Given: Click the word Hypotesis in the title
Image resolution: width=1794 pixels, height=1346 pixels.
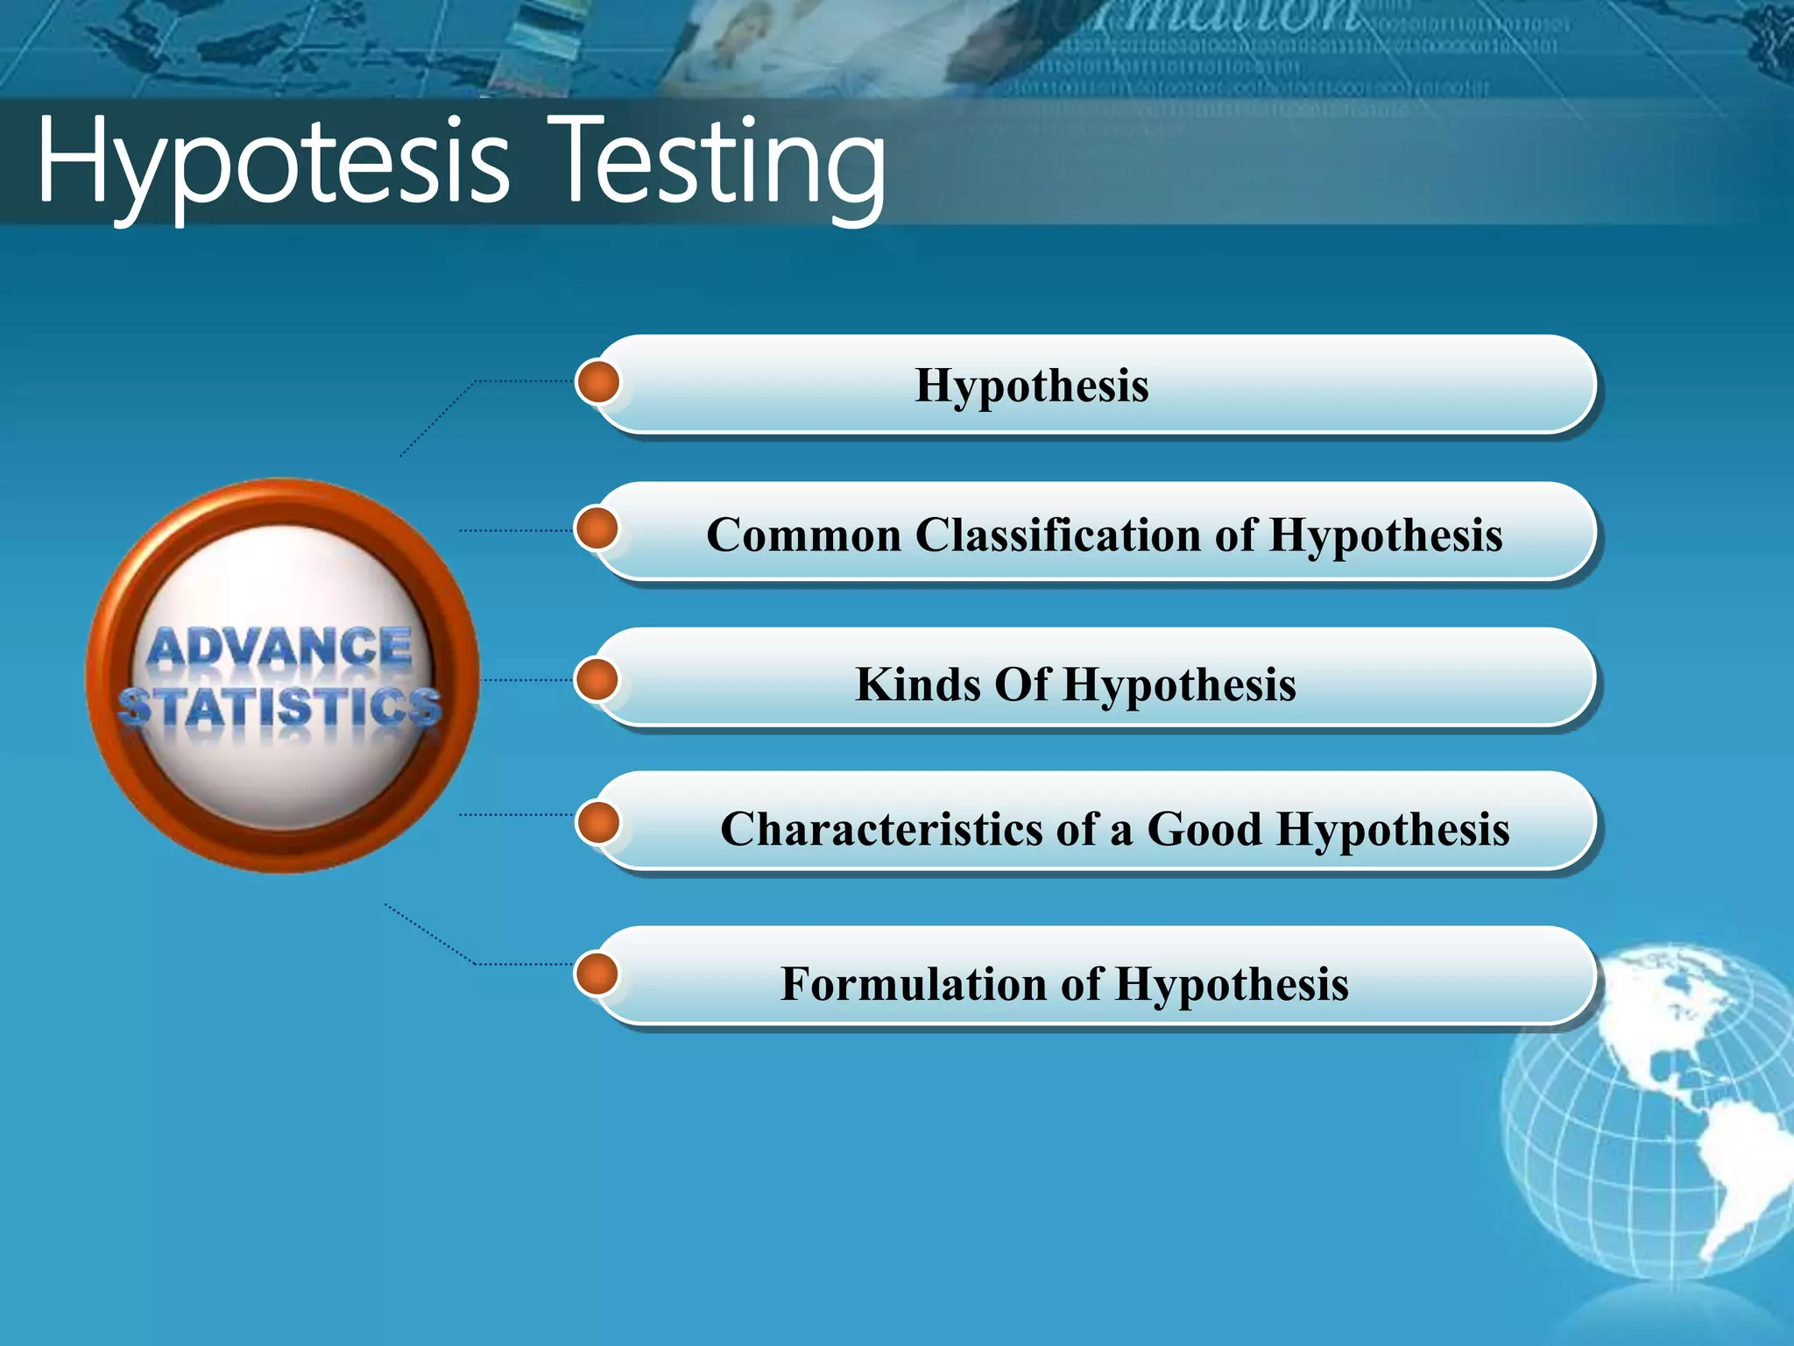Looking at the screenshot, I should click(272, 162).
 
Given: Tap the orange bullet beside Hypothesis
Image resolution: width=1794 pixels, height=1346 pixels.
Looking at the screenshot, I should click(598, 382).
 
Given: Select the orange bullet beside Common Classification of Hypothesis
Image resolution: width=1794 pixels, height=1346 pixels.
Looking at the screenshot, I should click(598, 529).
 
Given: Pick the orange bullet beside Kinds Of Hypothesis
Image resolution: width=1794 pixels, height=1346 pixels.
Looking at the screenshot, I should click(598, 680).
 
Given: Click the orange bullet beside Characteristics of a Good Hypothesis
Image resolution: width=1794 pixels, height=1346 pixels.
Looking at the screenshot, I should click(598, 823).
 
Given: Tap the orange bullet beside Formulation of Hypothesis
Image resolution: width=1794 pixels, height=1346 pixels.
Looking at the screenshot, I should click(598, 974).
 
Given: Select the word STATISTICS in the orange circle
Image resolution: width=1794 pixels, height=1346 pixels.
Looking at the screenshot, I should click(280, 706).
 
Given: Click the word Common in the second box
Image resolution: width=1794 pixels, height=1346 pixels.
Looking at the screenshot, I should click(803, 535).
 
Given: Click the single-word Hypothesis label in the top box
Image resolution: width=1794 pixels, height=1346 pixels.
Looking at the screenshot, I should click(1031, 386).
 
